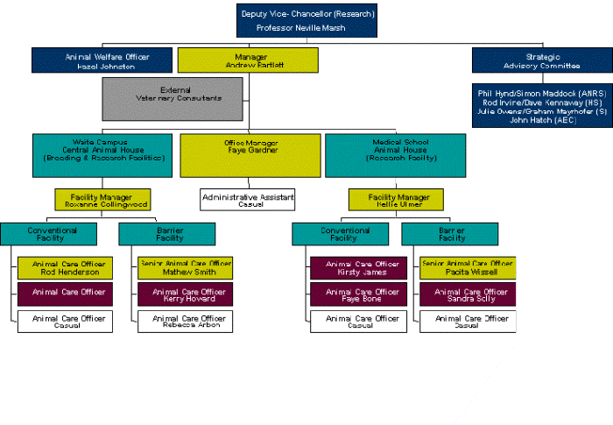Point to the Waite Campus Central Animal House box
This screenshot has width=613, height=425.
tap(104, 154)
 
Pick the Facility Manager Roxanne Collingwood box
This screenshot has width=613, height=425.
tap(102, 200)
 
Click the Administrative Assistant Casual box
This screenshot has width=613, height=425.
tap(248, 200)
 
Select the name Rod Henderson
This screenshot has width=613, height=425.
tap(69, 273)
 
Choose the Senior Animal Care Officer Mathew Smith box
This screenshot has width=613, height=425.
tap(185, 267)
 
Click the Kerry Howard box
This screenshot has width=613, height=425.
tap(185, 294)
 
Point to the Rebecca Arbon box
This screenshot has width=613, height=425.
tap(185, 322)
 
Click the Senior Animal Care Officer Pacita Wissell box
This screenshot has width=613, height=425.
tap(467, 267)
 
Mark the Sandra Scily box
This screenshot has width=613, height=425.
tap(467, 294)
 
